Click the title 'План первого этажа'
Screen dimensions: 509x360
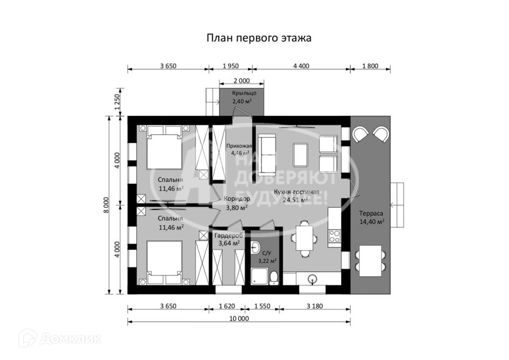tap(259, 38)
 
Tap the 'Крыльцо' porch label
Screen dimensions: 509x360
tap(244, 93)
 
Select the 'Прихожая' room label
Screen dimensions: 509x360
tap(239, 146)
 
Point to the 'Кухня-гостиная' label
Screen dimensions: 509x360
tap(296, 192)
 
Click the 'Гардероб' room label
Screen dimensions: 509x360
tap(229, 235)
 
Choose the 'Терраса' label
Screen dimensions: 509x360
tap(371, 214)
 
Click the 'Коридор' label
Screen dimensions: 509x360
tap(237, 199)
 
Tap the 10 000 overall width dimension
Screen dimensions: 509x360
tap(239, 318)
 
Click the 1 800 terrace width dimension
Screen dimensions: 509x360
tap(370, 66)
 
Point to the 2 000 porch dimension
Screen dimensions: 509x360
tap(242, 81)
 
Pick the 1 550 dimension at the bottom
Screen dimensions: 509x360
tap(262, 306)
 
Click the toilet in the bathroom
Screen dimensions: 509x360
tap(274, 277)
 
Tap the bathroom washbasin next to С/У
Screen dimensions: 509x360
tap(255, 248)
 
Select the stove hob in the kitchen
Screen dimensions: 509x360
tap(335, 236)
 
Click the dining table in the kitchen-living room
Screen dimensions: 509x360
tap(305, 238)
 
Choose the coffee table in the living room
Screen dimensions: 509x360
tap(301, 155)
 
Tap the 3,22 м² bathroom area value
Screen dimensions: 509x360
tap(267, 261)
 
